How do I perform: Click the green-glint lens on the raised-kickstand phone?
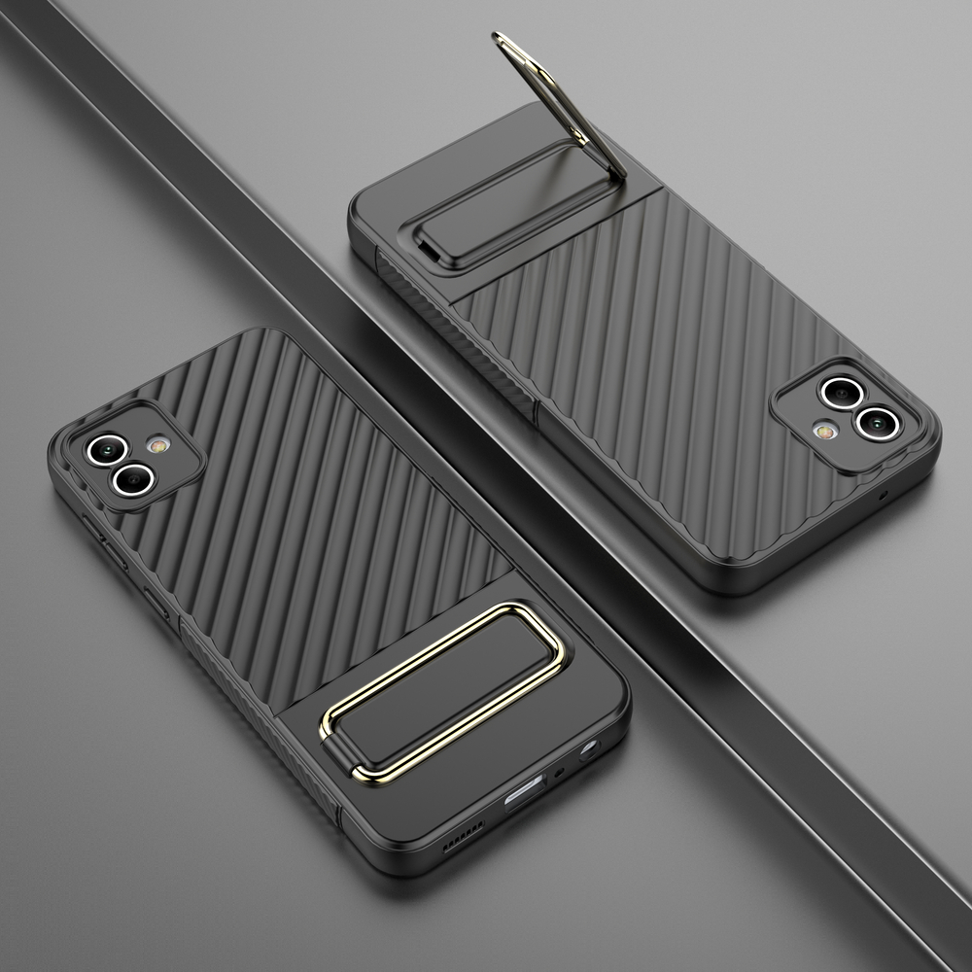click(835, 392)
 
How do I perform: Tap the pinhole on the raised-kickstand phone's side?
click(883, 496)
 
